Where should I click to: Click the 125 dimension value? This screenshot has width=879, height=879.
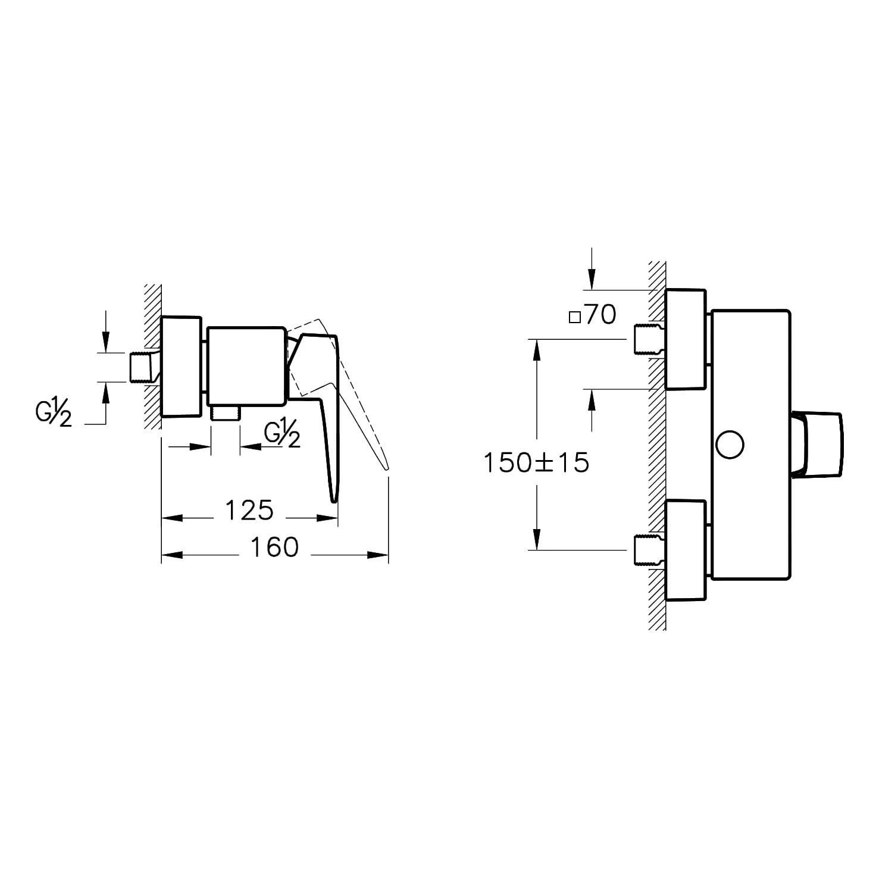(x=249, y=511)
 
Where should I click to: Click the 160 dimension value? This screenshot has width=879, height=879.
(x=274, y=548)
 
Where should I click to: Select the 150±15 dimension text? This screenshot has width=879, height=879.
(x=536, y=462)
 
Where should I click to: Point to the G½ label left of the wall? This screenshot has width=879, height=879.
(x=54, y=414)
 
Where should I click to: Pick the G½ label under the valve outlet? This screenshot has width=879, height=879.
(x=282, y=435)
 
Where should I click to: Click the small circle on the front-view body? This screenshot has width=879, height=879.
(x=730, y=445)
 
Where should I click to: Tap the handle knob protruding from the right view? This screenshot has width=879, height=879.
(x=818, y=444)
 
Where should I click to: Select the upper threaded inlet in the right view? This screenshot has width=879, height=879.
(x=647, y=339)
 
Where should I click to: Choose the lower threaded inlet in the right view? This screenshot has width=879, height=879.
(x=647, y=550)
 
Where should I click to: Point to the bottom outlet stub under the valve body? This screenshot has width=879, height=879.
(x=225, y=413)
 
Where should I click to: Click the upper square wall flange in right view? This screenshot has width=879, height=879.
(x=685, y=339)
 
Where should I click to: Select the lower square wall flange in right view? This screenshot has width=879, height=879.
(x=685, y=550)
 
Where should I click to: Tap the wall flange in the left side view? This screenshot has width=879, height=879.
(x=182, y=367)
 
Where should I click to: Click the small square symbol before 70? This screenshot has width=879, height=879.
(x=574, y=317)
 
